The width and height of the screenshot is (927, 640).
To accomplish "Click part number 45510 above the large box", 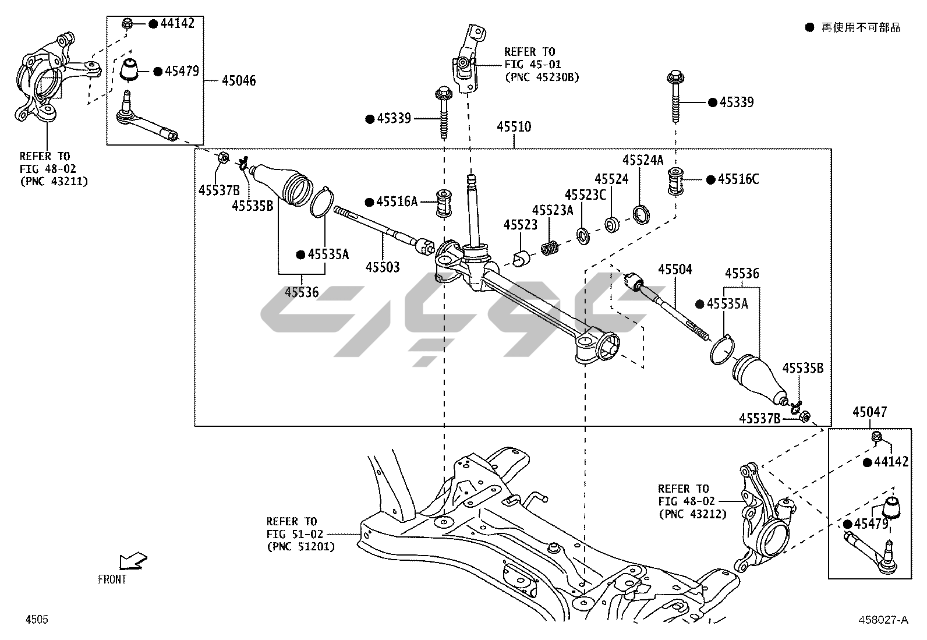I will [514, 127].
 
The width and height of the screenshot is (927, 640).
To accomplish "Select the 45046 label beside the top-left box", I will [238, 81].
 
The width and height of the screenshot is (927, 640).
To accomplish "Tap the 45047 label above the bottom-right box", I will [869, 412].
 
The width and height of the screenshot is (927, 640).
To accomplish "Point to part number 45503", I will [383, 267].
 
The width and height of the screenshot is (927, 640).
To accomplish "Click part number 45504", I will [675, 269].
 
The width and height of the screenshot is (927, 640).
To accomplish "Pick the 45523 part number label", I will [521, 225].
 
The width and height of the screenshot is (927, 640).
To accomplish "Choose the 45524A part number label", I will [643, 160].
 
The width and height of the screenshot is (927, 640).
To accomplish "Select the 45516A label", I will [397, 201].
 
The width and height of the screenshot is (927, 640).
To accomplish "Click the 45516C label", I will [738, 179].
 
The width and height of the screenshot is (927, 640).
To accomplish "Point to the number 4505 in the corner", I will [36, 620].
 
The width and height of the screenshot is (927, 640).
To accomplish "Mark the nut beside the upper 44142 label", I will [128, 24].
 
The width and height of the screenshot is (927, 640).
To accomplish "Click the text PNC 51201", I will [300, 547].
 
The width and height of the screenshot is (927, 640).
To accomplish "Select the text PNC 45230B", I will [542, 76].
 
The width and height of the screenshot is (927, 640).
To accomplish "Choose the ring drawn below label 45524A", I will [641, 214].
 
